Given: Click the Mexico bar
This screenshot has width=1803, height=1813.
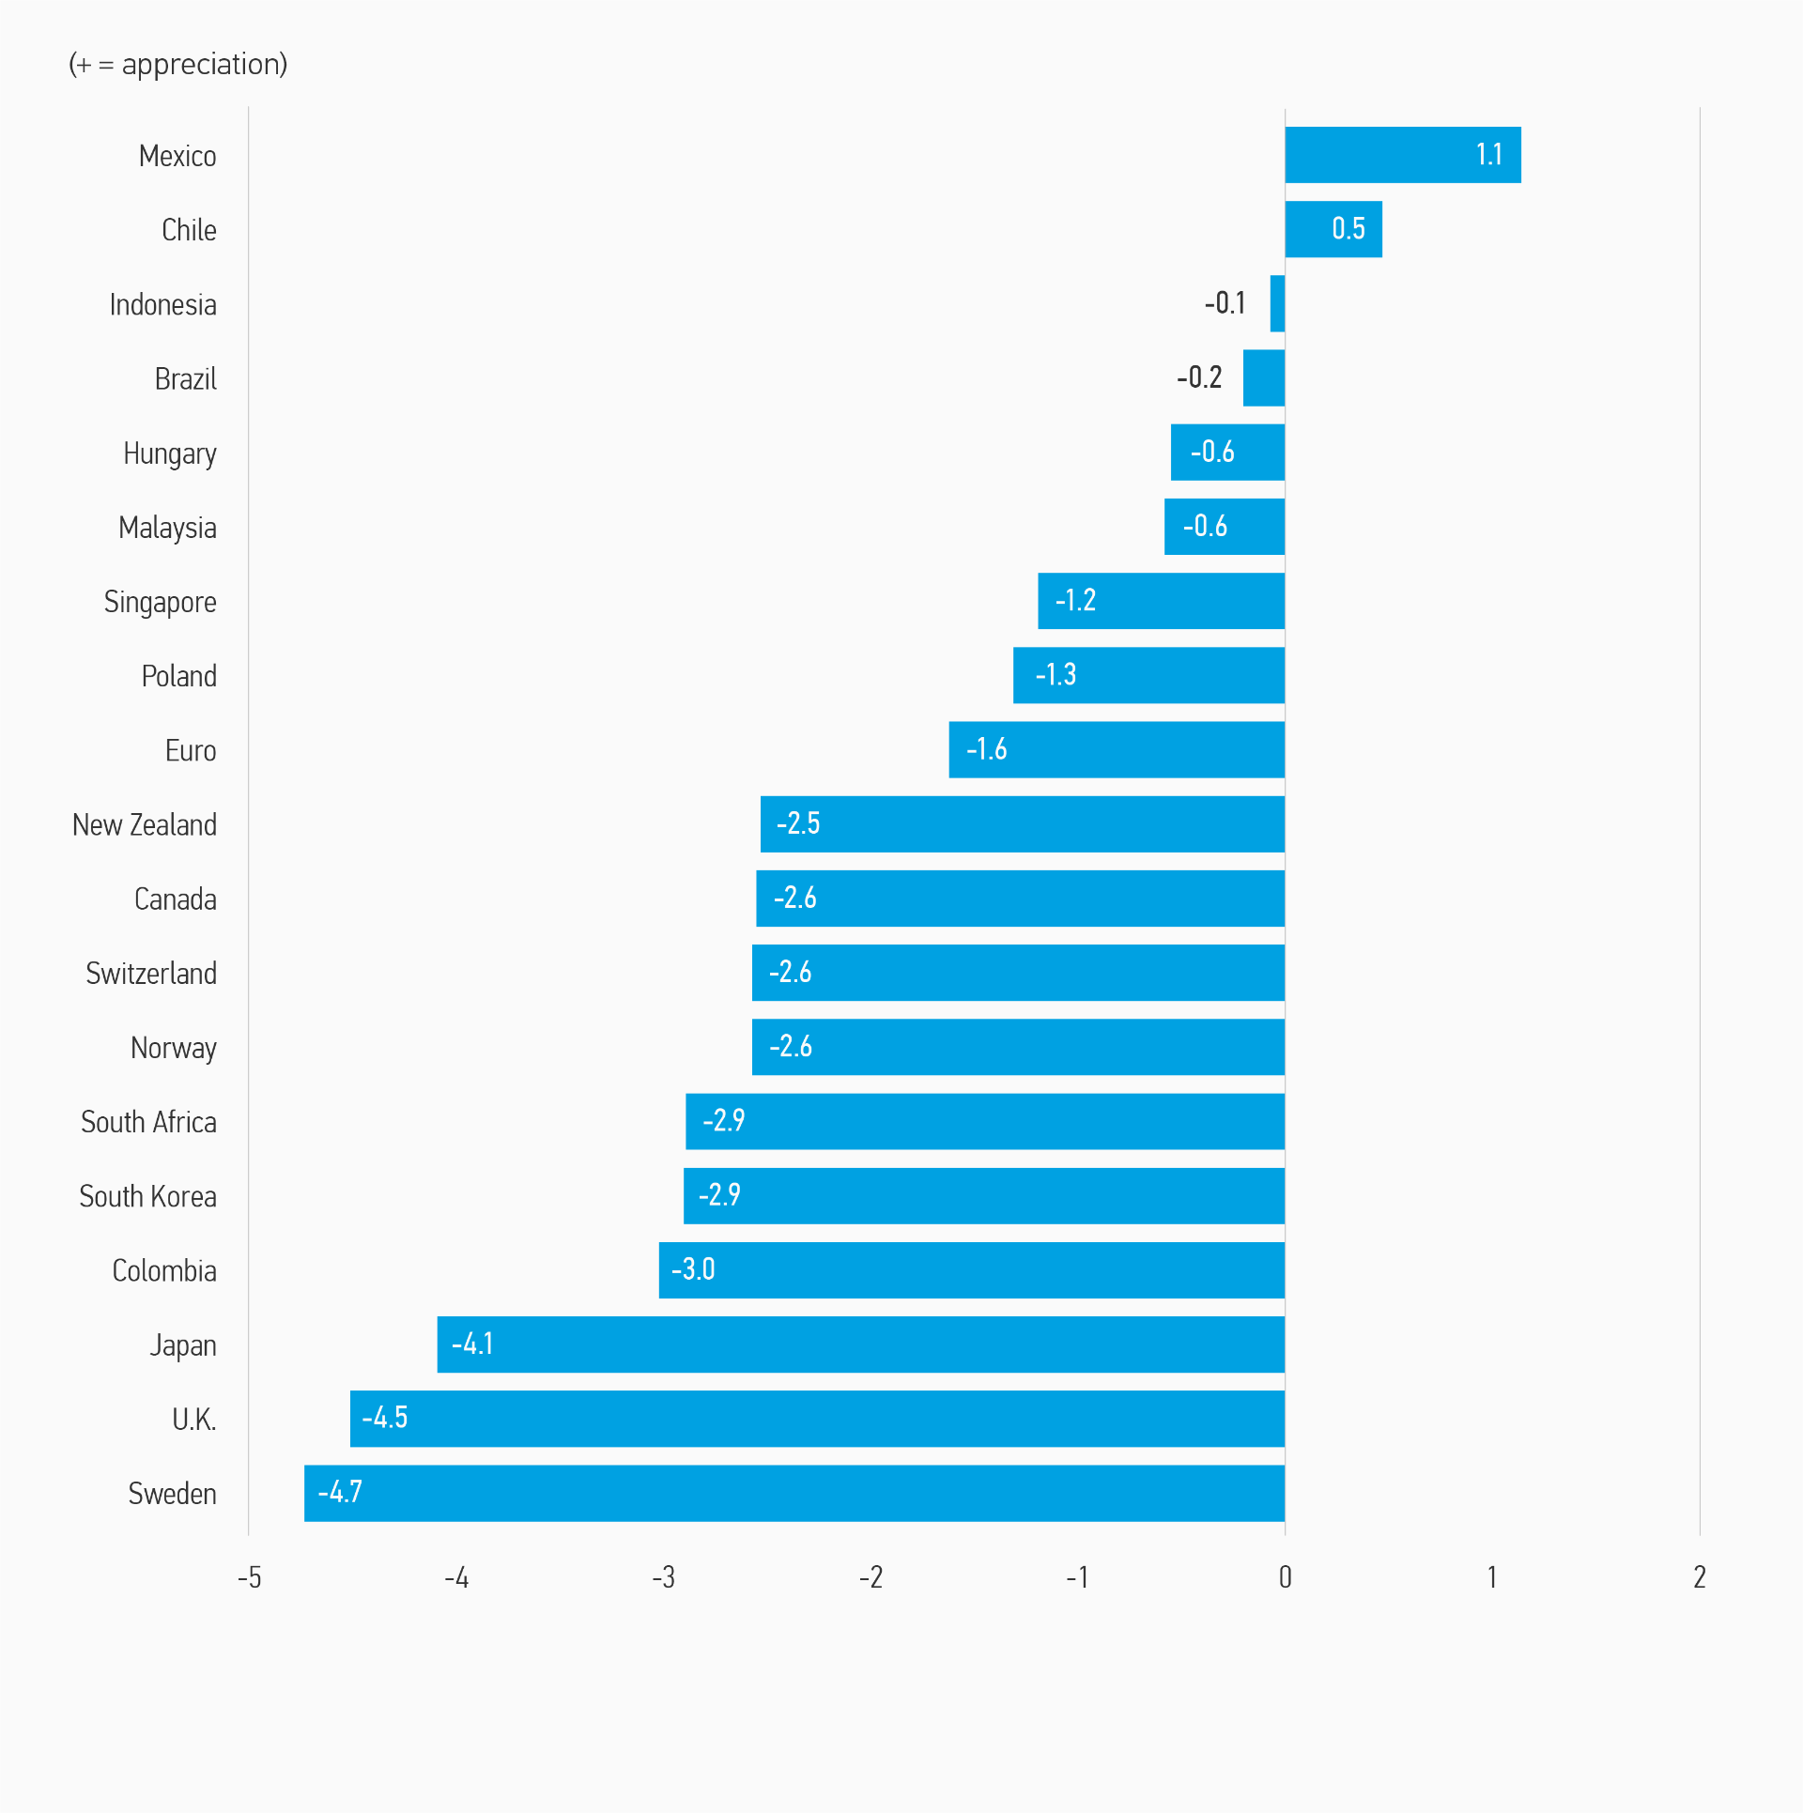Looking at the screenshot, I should [1402, 155].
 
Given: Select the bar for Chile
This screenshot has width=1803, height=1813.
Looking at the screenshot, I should [1333, 229].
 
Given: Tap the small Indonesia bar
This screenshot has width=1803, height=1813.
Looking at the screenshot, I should [1277, 303].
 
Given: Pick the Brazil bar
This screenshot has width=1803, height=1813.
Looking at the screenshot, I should [1263, 378].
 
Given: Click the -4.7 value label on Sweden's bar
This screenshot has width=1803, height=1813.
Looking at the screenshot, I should [340, 1492].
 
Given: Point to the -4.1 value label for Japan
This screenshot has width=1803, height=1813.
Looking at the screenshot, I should [472, 1344].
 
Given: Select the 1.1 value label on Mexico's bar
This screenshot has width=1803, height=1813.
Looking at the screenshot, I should [1488, 155].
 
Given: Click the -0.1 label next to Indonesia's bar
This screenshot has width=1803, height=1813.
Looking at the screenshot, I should [1225, 303].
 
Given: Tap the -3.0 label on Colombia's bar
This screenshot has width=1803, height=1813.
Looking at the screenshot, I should [693, 1269].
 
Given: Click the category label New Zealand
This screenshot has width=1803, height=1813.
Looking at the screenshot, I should [145, 825].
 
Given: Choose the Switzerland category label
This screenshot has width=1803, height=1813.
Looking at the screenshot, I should [151, 974].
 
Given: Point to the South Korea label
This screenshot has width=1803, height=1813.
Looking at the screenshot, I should [147, 1197].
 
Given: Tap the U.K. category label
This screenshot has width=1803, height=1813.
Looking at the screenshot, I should [193, 1420].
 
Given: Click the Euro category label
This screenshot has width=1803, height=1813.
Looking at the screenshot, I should [191, 751].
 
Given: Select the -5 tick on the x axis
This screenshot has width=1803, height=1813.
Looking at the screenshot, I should [249, 1577].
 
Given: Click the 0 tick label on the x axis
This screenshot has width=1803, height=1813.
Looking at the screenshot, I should [1285, 1577].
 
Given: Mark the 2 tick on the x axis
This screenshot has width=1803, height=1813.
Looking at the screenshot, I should [1699, 1577].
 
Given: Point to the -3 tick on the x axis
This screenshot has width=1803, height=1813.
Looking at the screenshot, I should [663, 1577].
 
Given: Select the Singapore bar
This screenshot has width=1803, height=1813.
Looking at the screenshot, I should [1161, 601].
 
